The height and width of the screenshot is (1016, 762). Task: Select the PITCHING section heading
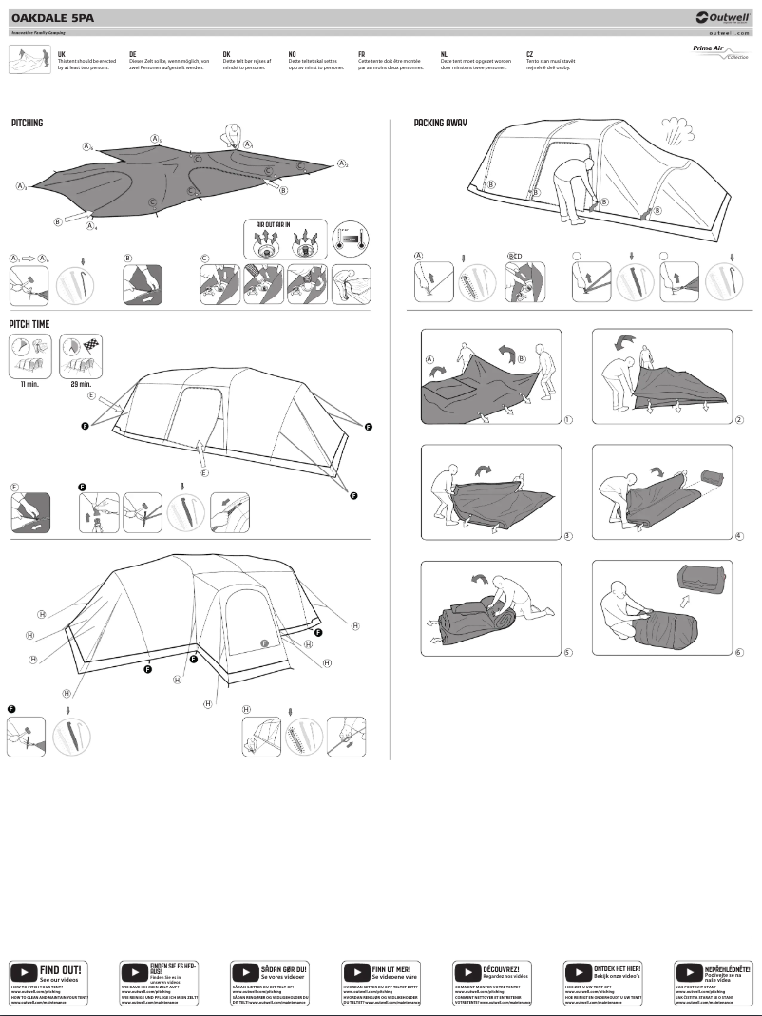tap(28, 124)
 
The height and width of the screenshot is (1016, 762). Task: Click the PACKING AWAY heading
tap(440, 124)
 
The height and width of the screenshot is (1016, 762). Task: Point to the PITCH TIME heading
tap(29, 324)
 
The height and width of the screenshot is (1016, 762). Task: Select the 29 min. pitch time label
tap(80, 384)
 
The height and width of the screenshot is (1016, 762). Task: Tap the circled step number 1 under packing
tap(567, 419)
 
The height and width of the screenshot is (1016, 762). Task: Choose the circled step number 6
tap(738, 652)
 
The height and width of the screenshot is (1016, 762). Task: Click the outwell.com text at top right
tap(729, 32)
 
